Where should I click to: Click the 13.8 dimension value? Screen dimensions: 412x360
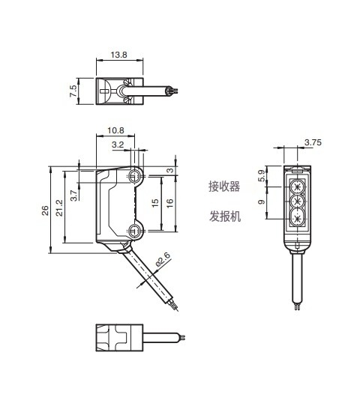point(118,55)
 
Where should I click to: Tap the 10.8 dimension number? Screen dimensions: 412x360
point(115,130)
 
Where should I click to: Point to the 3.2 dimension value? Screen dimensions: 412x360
point(118,145)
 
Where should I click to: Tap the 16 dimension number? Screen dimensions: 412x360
point(169,203)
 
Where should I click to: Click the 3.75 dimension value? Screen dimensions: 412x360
point(313,142)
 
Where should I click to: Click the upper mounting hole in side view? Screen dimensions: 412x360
point(135,176)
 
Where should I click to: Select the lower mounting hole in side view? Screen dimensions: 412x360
point(135,229)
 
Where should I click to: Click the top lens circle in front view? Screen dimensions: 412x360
point(298,185)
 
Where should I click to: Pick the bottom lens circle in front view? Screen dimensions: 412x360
point(298,219)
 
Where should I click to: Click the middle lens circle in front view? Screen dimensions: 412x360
point(298,202)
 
